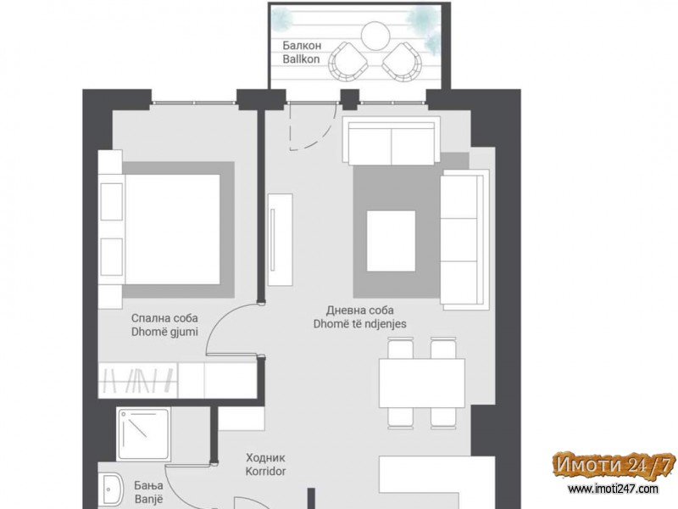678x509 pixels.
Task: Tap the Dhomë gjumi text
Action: click(164, 332)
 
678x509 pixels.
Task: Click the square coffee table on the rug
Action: click(391, 240)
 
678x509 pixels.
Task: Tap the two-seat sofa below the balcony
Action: click(392, 141)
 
